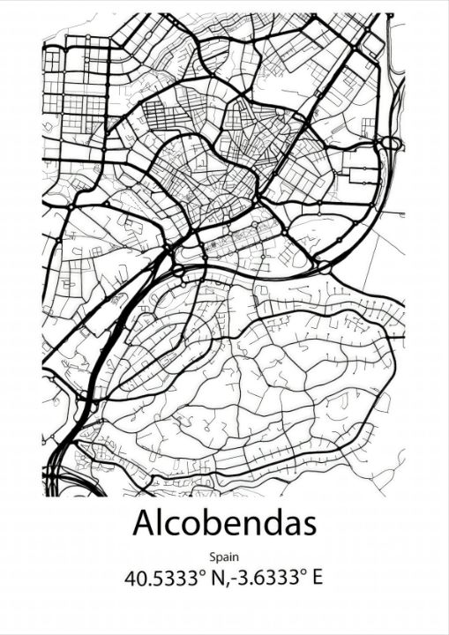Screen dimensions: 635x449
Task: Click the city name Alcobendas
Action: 224,523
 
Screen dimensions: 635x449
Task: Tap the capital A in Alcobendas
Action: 145,523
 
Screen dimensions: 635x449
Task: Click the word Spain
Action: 224,557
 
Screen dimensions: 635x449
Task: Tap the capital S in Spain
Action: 213,557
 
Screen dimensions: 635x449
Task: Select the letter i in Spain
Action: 230,557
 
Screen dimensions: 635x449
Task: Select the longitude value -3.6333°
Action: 266,579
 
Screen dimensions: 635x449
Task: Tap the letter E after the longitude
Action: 317,579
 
